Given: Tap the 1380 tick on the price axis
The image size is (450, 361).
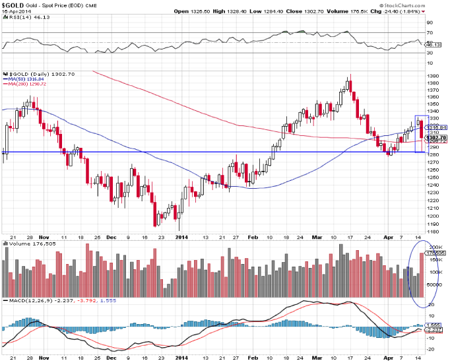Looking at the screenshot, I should pyautogui.click(x=434, y=76).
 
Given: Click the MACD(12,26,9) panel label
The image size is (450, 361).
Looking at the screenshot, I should pyautogui.click(x=26, y=301).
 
